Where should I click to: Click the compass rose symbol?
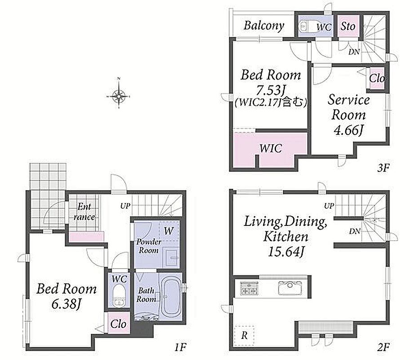(119, 96)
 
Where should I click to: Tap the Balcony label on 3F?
(264, 26)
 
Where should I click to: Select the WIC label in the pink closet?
(271, 148)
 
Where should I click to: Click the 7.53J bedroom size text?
(270, 90)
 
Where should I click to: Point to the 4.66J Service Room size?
(349, 130)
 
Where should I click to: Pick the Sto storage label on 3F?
(348, 27)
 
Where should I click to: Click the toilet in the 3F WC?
(307, 26)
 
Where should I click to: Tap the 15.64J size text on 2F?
(286, 252)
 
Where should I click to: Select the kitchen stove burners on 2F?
(249, 288)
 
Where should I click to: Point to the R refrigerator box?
(244, 335)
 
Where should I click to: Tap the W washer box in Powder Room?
(169, 231)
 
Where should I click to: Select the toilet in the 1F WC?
(119, 296)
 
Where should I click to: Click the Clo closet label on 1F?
(118, 324)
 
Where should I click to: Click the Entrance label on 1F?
(84, 211)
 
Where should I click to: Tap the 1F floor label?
(180, 347)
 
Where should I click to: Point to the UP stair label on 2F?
(329, 206)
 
